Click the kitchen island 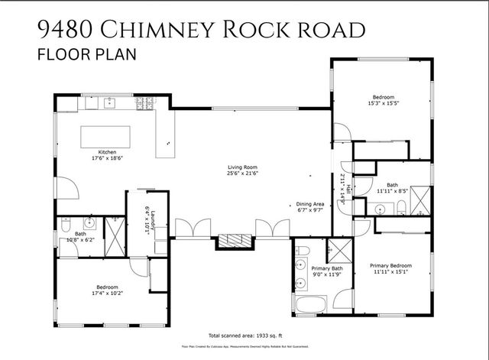[105, 136]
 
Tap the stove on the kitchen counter [144, 102]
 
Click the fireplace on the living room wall [233, 242]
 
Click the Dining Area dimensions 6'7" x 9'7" [311, 211]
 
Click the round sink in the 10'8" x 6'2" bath [89, 224]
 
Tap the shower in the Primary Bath [337, 251]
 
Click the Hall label [348, 188]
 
